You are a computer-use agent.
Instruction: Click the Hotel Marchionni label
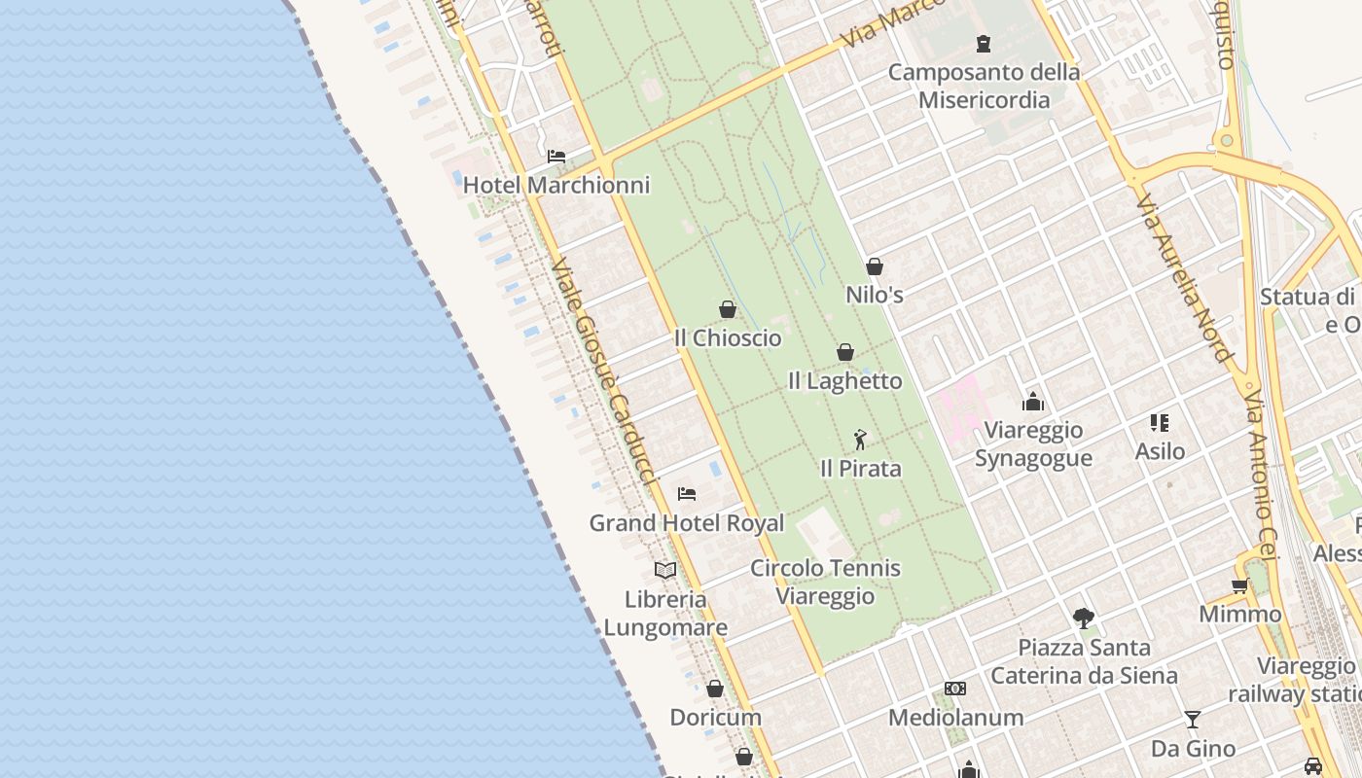point(556,185)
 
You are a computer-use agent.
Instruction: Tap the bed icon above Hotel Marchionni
point(556,156)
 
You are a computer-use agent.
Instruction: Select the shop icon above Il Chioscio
point(728,309)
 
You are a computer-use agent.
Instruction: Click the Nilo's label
point(875,295)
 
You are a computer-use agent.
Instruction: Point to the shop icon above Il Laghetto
point(845,352)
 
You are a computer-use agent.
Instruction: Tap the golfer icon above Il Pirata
point(860,440)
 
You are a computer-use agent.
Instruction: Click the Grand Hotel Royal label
point(687,523)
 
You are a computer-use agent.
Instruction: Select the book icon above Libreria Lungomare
point(665,570)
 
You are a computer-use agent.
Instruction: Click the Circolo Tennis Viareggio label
point(825,582)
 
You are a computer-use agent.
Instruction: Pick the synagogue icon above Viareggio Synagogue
point(1033,401)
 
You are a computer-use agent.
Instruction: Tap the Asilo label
point(1160,451)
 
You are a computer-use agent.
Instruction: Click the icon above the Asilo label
point(1160,422)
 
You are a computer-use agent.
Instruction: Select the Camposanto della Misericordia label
point(984,86)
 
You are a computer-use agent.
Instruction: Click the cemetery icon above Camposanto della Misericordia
point(984,44)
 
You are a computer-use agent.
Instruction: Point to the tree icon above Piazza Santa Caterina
point(1084,618)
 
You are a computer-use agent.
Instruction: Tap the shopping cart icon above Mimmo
point(1240,585)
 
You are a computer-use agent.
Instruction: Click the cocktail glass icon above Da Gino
point(1193,720)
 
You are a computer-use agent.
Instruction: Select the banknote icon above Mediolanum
point(955,689)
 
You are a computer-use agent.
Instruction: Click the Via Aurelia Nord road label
point(1183,277)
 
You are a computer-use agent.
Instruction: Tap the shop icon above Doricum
point(715,689)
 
